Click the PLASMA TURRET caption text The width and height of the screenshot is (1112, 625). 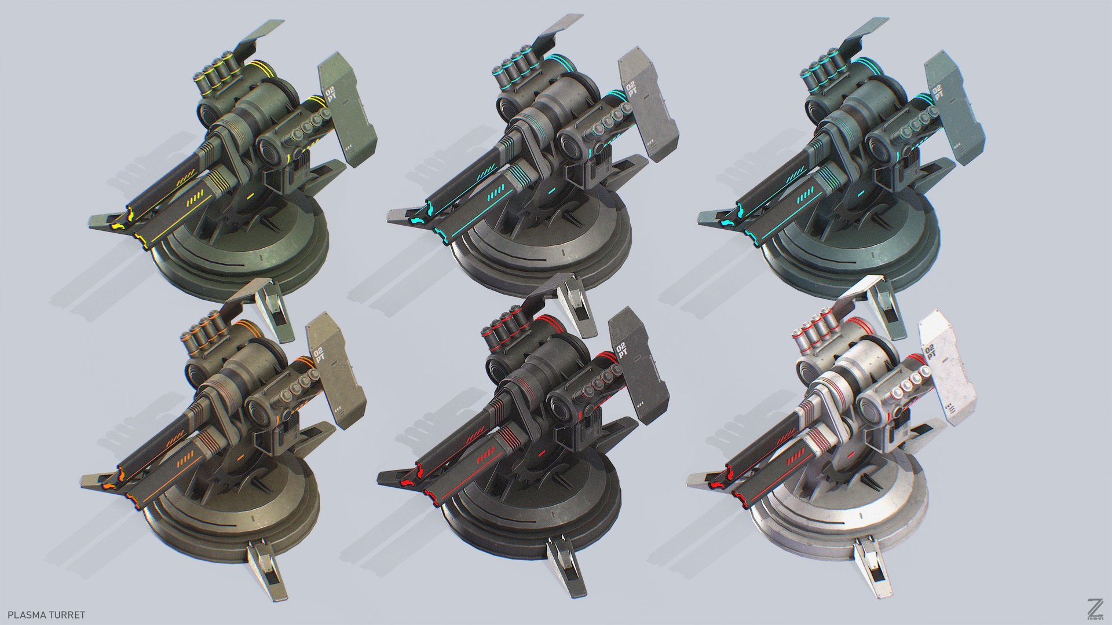(43, 615)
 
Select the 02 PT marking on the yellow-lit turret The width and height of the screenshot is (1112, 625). (331, 93)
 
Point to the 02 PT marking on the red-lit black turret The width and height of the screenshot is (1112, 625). (621, 351)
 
